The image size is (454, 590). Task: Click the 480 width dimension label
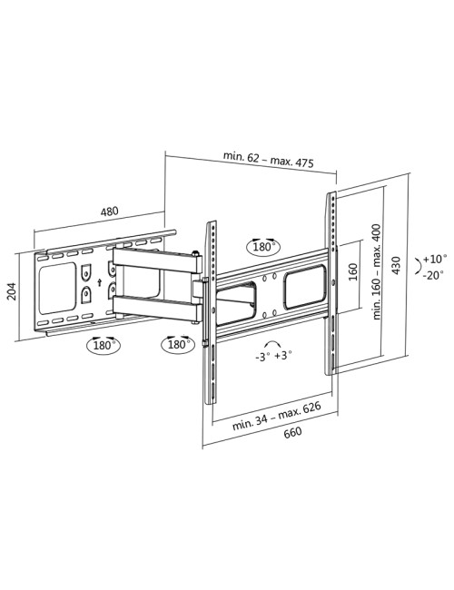109,212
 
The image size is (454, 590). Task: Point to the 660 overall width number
292,433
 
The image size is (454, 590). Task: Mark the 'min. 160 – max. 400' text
374,271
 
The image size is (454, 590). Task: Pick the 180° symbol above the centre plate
262,246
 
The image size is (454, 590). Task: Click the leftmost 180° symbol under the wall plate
103,345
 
